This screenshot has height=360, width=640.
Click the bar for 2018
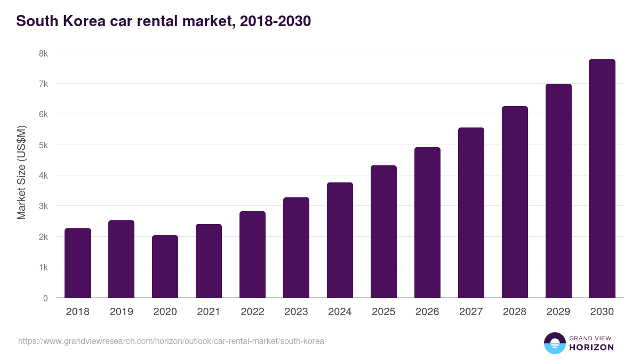click(78, 263)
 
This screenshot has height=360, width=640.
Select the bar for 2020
click(165, 267)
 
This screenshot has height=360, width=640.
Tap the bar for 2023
click(296, 247)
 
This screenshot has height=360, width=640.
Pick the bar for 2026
click(427, 222)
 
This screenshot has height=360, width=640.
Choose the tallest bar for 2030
click(602, 179)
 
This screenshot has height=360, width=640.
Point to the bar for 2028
click(515, 202)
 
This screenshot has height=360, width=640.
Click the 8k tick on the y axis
click(43, 53)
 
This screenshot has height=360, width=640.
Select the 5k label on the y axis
click(43, 145)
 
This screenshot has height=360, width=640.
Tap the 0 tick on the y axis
click(45, 298)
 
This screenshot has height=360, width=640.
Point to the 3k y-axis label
click(43, 206)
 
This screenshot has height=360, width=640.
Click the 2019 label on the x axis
click(122, 312)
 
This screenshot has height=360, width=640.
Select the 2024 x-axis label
click(340, 312)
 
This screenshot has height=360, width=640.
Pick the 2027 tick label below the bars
click(471, 312)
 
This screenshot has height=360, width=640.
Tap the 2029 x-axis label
click(558, 312)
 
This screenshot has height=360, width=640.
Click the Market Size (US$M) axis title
click(21, 172)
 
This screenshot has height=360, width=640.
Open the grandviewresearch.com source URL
click(171, 341)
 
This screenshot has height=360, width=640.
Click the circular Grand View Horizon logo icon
click(555, 343)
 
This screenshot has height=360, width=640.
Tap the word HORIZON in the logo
click(591, 347)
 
